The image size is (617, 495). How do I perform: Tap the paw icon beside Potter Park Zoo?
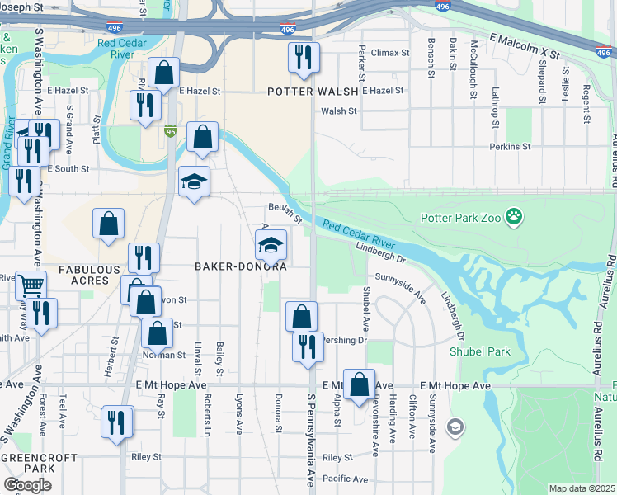[x=514, y=218]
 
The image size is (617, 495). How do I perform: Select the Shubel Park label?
[x=479, y=351]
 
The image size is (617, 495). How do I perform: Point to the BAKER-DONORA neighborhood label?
[x=240, y=266]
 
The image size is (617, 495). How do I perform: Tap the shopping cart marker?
[x=31, y=285]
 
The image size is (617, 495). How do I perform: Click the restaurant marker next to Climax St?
[x=303, y=57]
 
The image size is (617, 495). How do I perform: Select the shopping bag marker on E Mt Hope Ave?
[x=359, y=384]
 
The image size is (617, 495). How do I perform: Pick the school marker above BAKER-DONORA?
[x=270, y=244]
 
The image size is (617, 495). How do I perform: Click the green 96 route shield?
[x=171, y=131]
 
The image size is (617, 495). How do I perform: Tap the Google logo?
[x=27, y=484]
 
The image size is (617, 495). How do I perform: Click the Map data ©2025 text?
[x=582, y=488]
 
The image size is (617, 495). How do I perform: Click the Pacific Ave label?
[x=345, y=478]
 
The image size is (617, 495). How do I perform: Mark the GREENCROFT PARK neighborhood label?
[x=39, y=464]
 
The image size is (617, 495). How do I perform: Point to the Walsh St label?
[x=338, y=111]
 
